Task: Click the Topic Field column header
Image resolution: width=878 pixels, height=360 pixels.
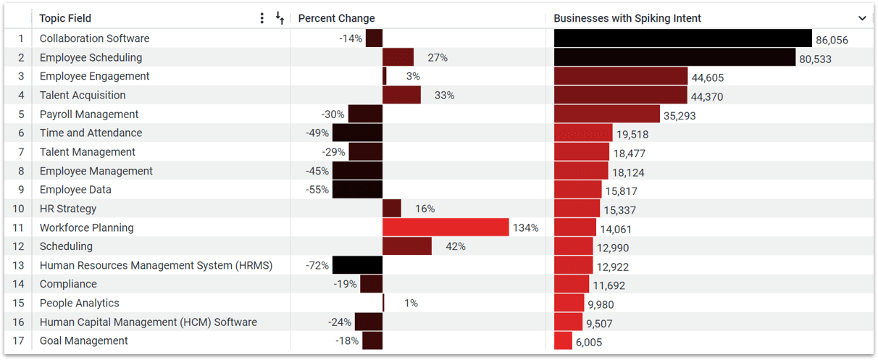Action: tap(65, 18)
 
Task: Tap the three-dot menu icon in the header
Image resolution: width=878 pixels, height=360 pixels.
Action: tap(262, 18)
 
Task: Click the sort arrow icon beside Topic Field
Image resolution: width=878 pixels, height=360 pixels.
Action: tap(280, 18)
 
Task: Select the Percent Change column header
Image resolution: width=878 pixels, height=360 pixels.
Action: tap(336, 18)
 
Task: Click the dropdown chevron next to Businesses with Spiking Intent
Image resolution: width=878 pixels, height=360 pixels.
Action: tap(862, 18)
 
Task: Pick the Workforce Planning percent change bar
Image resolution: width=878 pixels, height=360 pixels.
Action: tap(446, 227)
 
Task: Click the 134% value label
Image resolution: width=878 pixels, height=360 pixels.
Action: tap(525, 227)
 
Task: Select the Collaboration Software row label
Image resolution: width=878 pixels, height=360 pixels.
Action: tap(94, 38)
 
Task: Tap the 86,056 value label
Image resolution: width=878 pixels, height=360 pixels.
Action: tap(832, 40)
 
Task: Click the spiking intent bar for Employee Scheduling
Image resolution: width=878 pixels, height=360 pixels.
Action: tap(674, 57)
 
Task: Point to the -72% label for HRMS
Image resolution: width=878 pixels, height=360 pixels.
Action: tap(317, 265)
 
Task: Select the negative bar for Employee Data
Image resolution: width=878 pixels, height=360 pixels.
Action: tap(357, 190)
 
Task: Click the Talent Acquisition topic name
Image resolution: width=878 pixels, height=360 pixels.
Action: tap(83, 95)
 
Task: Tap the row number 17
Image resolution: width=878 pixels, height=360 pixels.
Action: tap(21, 340)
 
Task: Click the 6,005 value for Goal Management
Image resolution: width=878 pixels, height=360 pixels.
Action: tap(589, 342)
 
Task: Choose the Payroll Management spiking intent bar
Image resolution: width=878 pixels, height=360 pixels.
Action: tap(607, 114)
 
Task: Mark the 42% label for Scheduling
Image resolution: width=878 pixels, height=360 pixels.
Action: tap(455, 246)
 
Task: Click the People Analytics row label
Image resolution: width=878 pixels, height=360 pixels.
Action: tap(80, 303)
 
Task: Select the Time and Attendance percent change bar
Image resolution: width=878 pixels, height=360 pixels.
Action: tap(357, 133)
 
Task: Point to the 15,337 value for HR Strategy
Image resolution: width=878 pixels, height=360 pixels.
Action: tap(619, 210)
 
